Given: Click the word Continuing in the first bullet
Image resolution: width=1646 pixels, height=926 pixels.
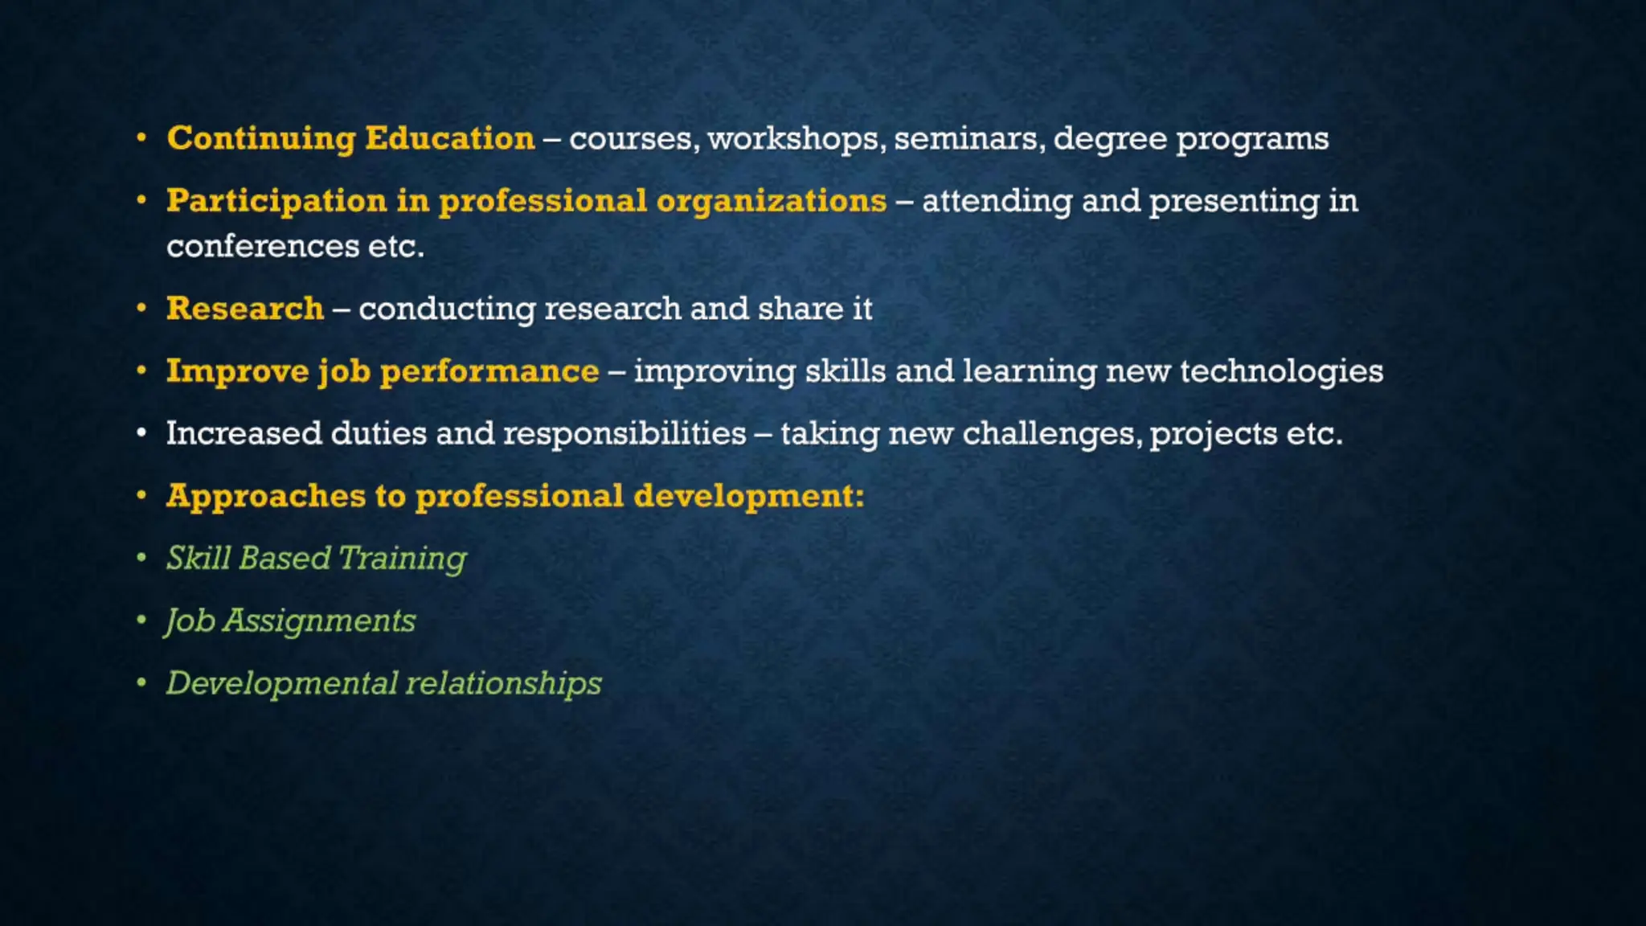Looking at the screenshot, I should [x=261, y=139].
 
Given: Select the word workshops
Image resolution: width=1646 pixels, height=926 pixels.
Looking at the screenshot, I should [x=796, y=139].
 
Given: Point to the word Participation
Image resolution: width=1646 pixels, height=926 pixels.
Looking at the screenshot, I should [x=276, y=201].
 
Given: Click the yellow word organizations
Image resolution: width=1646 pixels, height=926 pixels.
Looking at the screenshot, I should [x=772, y=201].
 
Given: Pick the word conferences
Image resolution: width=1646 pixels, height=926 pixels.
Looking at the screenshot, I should [x=263, y=246].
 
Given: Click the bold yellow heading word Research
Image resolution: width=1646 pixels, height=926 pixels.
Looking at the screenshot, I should [x=245, y=309].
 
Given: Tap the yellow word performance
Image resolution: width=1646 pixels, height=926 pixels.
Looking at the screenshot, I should [x=489, y=371].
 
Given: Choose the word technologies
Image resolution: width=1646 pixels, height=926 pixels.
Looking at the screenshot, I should [x=1281, y=371].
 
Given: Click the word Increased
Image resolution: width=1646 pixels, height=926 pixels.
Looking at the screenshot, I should [x=244, y=433].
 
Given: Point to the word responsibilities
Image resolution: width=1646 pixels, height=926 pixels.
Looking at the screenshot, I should [x=624, y=433].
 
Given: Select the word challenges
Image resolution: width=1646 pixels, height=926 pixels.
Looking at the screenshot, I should [x=1052, y=433].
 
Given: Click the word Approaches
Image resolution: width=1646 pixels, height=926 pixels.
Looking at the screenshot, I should [x=266, y=496].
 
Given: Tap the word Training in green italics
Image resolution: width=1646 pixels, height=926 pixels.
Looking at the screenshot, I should [x=402, y=559].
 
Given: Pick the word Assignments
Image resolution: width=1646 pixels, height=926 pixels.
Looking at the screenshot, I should [x=319, y=621].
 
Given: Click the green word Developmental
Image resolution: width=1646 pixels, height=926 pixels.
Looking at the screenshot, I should [x=282, y=683].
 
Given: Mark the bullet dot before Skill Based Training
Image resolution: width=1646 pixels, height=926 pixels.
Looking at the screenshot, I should [x=141, y=557].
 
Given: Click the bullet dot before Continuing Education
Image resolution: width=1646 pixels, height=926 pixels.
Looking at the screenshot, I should [x=141, y=138].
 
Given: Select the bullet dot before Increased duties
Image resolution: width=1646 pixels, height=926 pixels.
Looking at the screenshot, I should [x=141, y=433].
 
